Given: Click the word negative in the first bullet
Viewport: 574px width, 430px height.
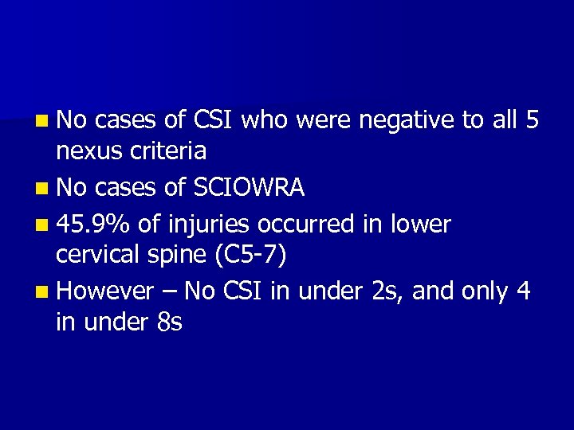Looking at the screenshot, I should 407,120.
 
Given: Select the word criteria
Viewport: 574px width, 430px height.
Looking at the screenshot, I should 171,150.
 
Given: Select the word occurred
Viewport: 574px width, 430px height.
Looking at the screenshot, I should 308,225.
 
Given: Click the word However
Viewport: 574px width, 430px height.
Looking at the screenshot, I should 104,291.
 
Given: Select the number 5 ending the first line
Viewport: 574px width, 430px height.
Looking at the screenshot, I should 533,120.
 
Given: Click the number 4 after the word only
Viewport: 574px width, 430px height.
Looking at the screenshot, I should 524,291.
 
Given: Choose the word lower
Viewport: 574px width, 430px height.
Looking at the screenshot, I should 420,225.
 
